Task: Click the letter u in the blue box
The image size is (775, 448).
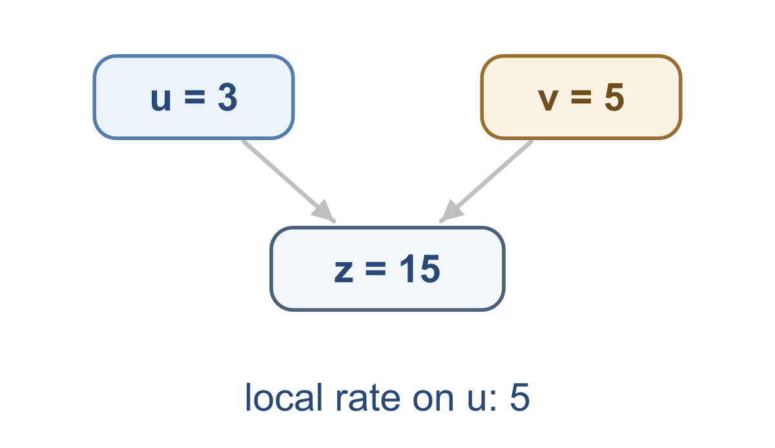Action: click(x=161, y=99)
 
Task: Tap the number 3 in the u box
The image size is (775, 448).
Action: click(x=227, y=97)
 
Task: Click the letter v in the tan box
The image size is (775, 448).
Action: click(x=548, y=99)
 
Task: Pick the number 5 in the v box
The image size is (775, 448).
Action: click(x=614, y=97)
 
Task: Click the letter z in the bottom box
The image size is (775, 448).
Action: click(x=344, y=271)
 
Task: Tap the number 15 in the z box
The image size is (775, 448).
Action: click(x=420, y=269)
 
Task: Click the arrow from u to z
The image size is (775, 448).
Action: click(x=289, y=181)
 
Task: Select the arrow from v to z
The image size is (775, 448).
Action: click(x=486, y=181)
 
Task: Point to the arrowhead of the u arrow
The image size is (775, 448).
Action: click(x=324, y=210)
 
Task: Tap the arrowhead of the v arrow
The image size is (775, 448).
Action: click(x=451, y=210)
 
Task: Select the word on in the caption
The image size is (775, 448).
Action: click(x=433, y=401)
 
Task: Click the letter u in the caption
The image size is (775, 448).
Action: click(x=479, y=402)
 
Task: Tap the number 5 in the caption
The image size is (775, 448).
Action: click(x=520, y=398)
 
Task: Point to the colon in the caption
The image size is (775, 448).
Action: click(x=495, y=401)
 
